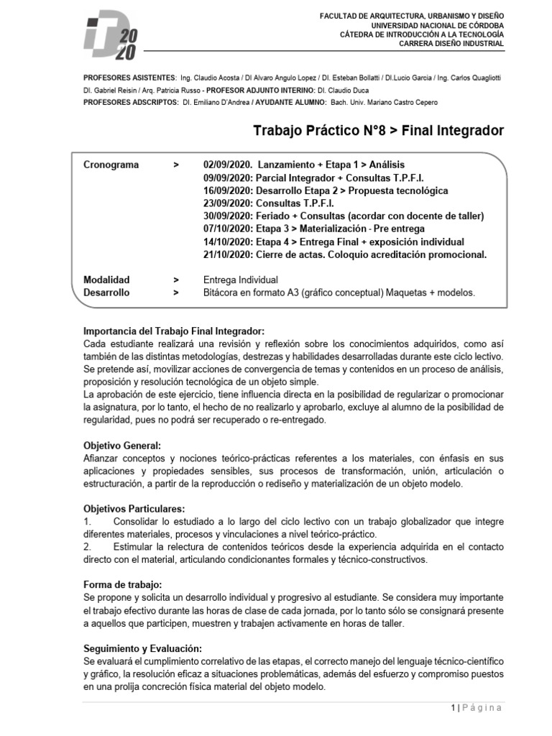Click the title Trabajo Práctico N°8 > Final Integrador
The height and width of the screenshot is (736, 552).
pyautogui.click(x=379, y=131)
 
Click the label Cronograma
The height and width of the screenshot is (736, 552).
pyautogui.click(x=111, y=165)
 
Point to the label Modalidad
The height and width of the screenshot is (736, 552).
pyautogui.click(x=107, y=280)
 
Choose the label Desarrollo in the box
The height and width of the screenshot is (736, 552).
pyautogui.click(x=107, y=293)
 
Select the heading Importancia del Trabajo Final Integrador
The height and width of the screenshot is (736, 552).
pyautogui.click(x=174, y=331)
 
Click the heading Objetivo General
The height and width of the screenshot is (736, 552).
pyautogui.click(x=122, y=446)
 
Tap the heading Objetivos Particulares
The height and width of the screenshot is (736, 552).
pyautogui.click(x=134, y=509)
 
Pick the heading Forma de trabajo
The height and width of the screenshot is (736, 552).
pyautogui.click(x=123, y=585)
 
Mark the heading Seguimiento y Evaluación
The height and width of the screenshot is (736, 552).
pyautogui.click(x=147, y=648)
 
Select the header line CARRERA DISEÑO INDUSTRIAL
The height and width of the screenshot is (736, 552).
pyautogui.click(x=451, y=43)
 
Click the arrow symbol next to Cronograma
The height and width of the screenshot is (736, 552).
pyautogui.click(x=176, y=165)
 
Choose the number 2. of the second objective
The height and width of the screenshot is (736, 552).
pyautogui.click(x=87, y=547)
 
